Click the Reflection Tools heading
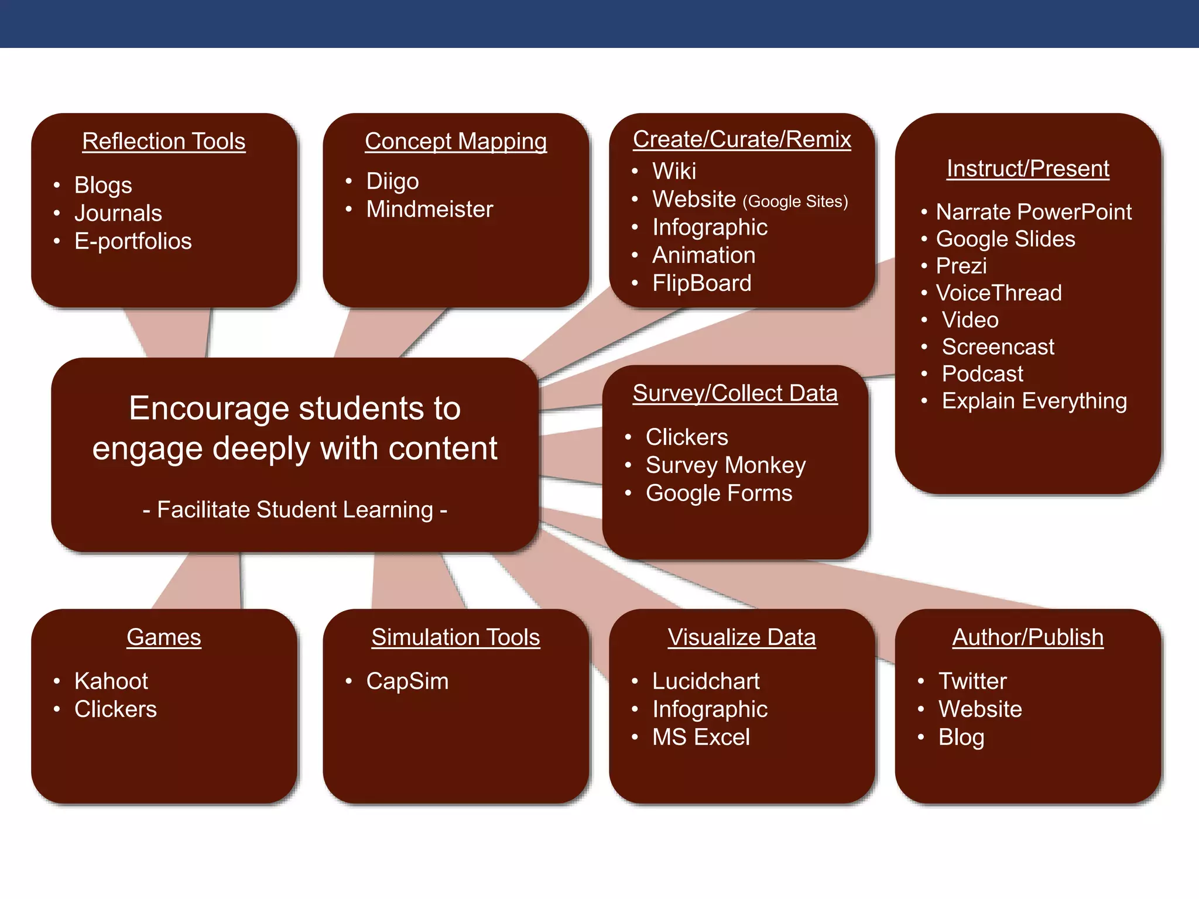[x=163, y=141]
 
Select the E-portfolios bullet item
[x=133, y=241]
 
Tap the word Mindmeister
[x=429, y=209]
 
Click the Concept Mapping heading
[x=455, y=141]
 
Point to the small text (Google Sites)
[x=795, y=201]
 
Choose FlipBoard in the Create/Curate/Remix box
[x=701, y=283]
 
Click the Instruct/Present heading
[x=1027, y=169]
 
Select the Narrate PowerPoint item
[x=1033, y=212]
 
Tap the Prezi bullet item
[x=961, y=266]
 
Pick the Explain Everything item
[x=1034, y=401]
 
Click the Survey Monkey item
[x=725, y=465]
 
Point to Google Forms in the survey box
[x=718, y=493]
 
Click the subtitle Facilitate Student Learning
[x=295, y=510]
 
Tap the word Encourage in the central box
[x=208, y=408]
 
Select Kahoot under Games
[x=111, y=681]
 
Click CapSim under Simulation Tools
[x=407, y=681]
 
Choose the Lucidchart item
[x=705, y=681]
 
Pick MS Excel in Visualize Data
[x=701, y=737]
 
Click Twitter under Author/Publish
[x=972, y=681]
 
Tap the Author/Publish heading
[x=1027, y=637]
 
